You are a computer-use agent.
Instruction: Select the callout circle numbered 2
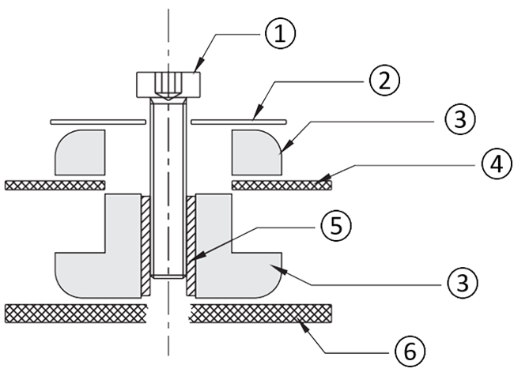(x=382, y=80)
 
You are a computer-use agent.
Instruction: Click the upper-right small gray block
(x=258, y=151)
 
